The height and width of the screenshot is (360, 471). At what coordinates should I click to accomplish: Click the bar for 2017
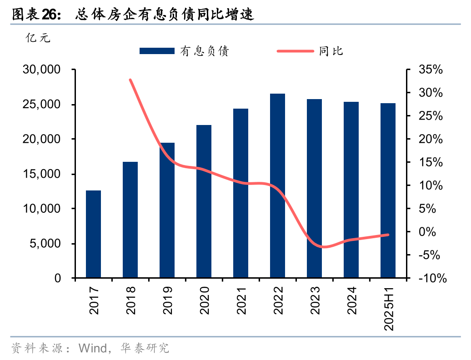[x=93, y=234]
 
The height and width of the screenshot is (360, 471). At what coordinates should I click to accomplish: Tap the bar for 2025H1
[x=388, y=190]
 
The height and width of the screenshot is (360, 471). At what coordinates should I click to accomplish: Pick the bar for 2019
[x=167, y=210]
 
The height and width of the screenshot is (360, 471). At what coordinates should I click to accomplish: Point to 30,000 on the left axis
[x=42, y=70]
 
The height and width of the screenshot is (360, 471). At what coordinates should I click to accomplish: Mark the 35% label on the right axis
[x=430, y=70]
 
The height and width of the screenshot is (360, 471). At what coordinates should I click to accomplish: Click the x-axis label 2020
[x=204, y=301]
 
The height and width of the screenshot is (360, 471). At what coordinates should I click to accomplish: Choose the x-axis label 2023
[x=315, y=301]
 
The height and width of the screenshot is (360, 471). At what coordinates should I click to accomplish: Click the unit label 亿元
[x=38, y=38]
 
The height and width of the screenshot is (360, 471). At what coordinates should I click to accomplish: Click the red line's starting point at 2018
[x=130, y=80]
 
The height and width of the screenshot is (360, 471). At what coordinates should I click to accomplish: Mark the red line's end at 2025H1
[x=388, y=235]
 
